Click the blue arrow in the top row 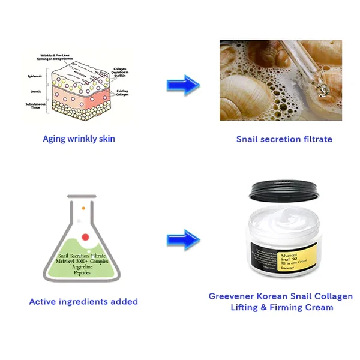pos(183,85)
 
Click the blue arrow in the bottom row pos(183,238)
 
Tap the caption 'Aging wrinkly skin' pos(79,139)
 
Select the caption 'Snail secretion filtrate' pos(284,139)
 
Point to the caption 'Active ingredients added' pos(83,301)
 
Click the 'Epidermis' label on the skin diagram pos(35,77)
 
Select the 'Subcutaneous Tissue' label pos(34,107)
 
